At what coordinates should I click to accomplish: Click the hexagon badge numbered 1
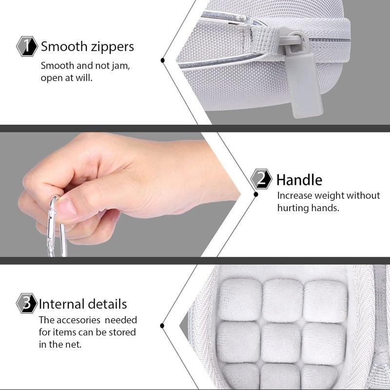27,47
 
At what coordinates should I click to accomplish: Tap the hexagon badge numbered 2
261,179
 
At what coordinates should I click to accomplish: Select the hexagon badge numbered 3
27,304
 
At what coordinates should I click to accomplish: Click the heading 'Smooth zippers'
87,47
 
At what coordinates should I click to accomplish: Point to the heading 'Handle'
299,180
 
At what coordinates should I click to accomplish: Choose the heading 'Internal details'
83,304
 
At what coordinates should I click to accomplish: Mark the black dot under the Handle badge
255,194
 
